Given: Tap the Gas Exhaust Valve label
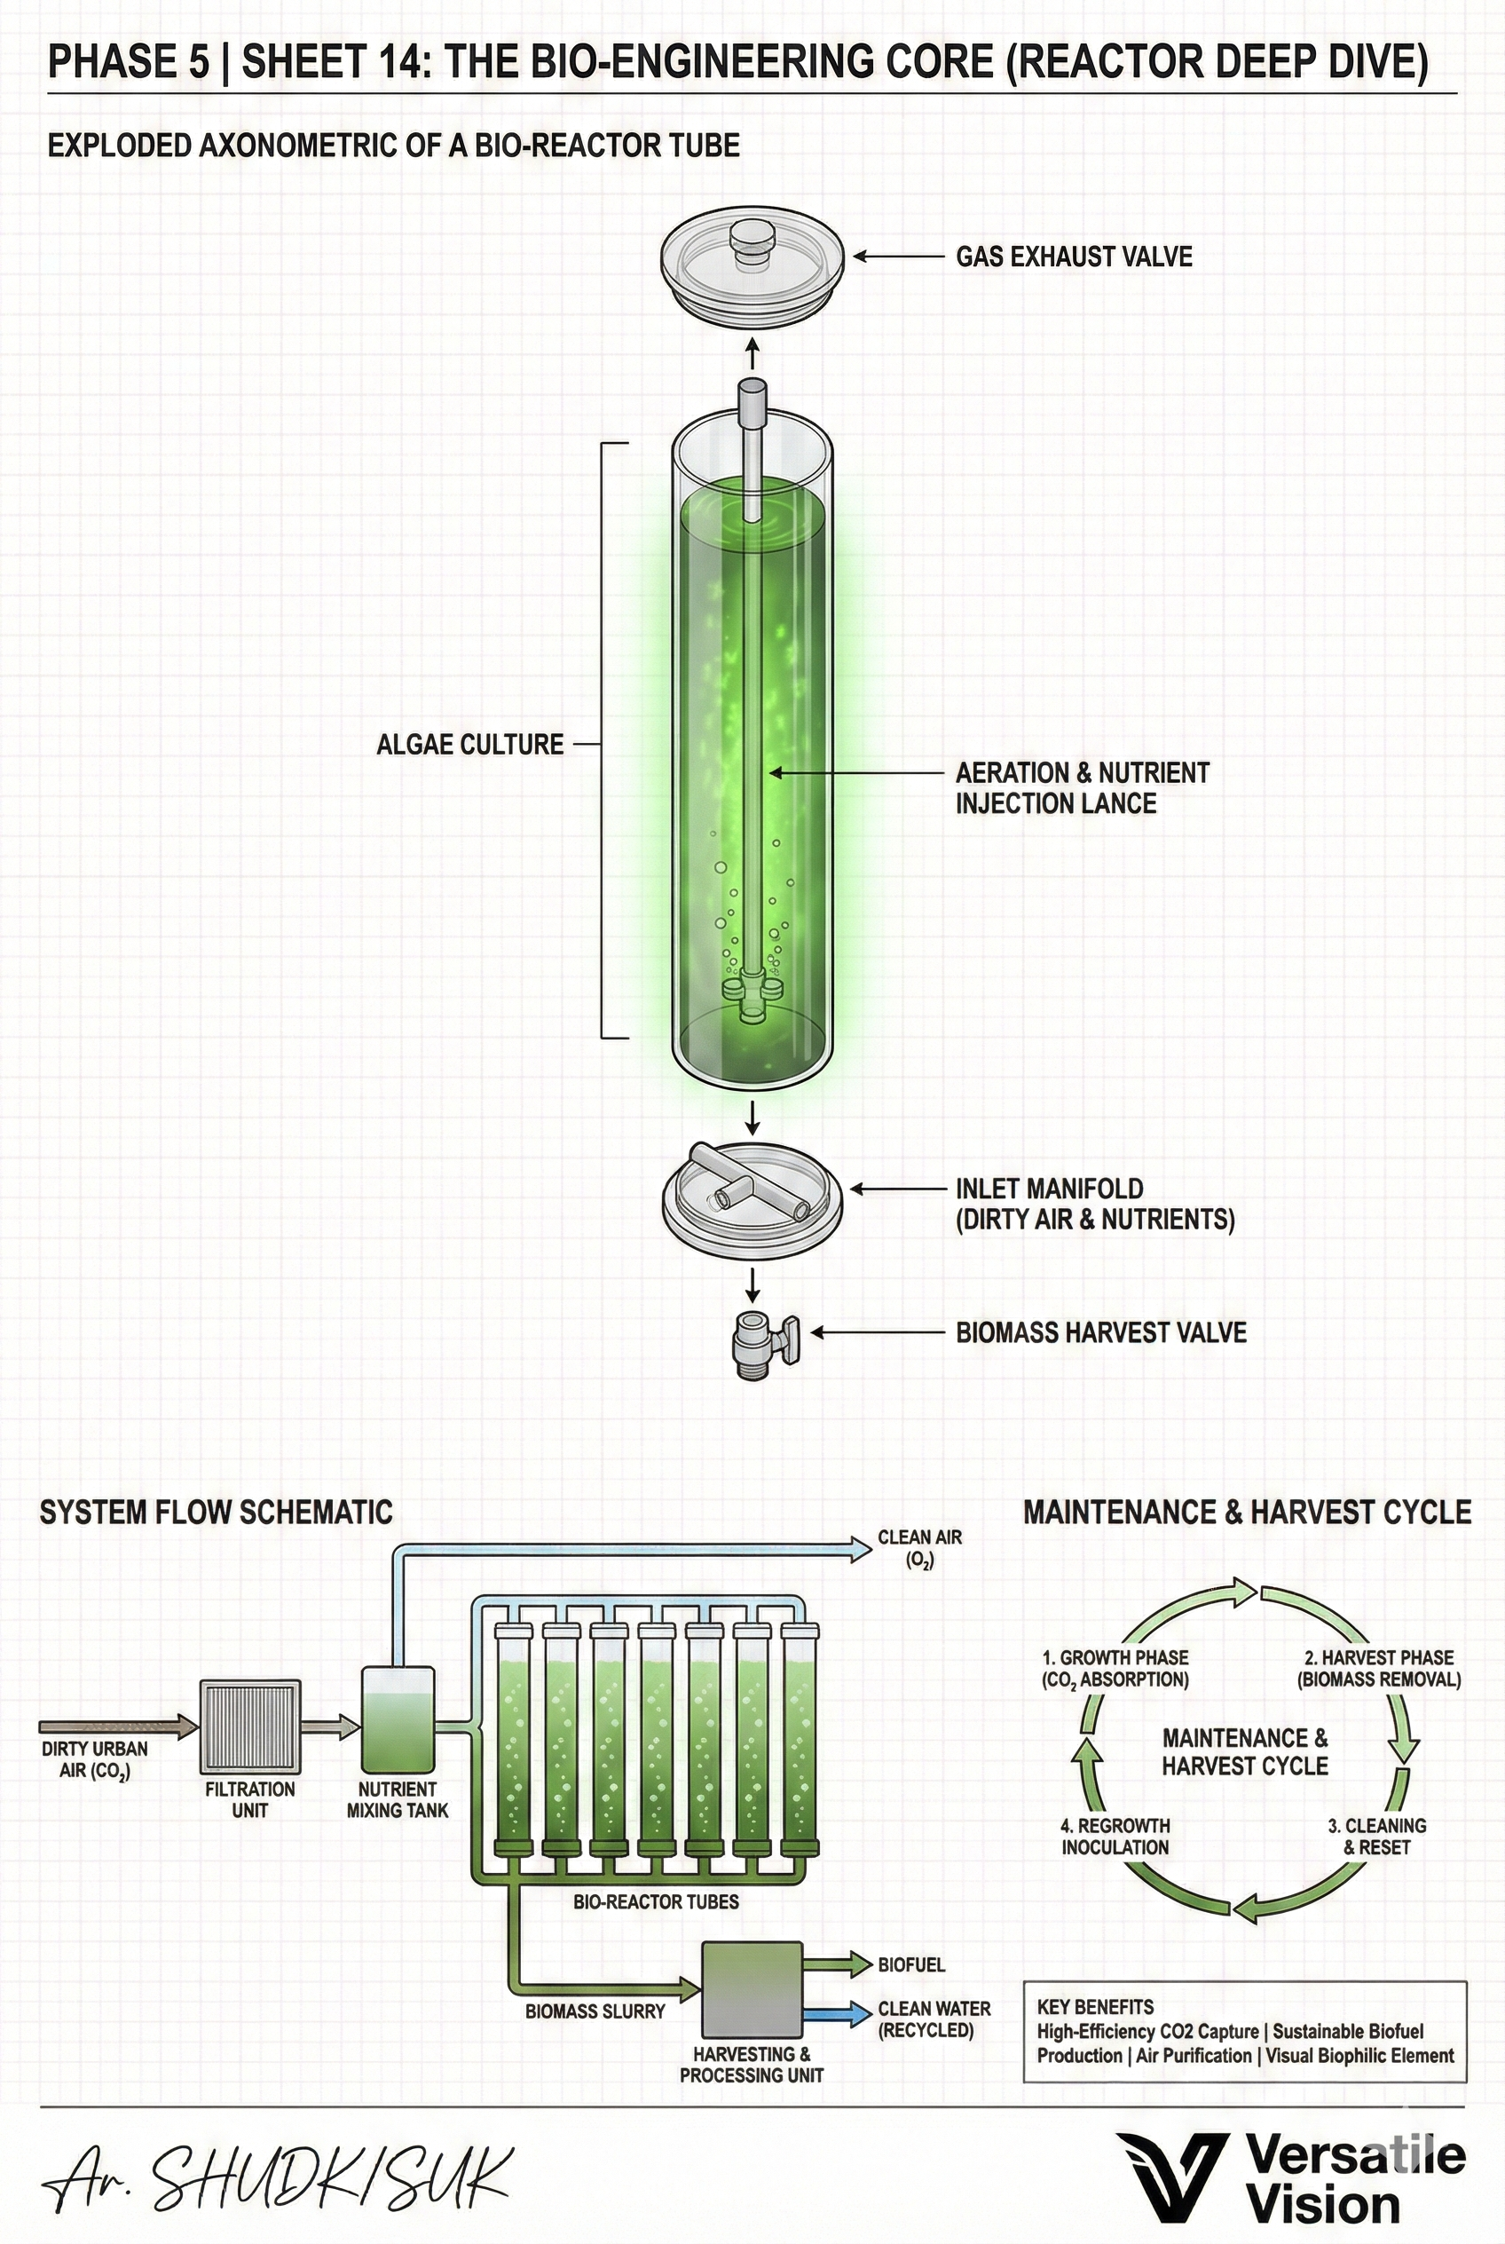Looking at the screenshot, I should point(1073,257).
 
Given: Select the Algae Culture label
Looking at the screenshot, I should point(469,744).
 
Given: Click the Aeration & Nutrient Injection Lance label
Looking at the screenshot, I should point(1081,787).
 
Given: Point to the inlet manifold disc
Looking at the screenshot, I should point(752,1200).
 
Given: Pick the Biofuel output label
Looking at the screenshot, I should point(910,1964).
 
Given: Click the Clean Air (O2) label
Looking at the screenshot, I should point(918,1549).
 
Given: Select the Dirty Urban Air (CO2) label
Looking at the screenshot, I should point(94,1759).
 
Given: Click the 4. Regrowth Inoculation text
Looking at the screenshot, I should point(1115,1836).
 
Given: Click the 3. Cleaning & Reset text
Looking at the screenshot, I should point(1376,1836).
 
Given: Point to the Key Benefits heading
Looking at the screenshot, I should point(1094,2007).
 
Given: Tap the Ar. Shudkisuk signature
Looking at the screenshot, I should point(279,2177).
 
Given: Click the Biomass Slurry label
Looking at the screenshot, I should point(595,2011).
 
